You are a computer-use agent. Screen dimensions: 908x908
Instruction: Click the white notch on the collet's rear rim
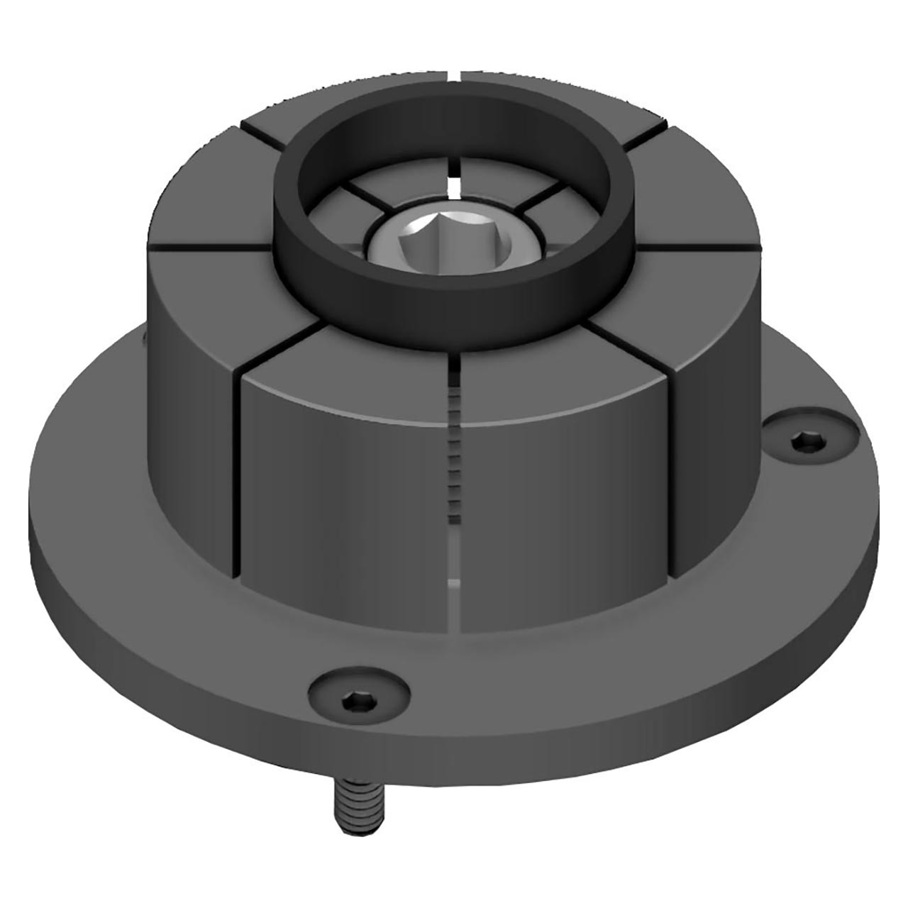(x=455, y=72)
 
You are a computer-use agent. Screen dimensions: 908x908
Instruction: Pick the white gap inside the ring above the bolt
(x=455, y=185)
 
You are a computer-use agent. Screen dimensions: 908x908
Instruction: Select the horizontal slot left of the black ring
(x=209, y=247)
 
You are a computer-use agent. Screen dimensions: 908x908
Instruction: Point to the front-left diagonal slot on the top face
(x=277, y=348)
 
